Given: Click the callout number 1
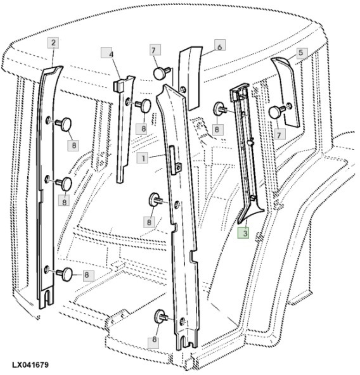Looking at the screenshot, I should tap(145, 158).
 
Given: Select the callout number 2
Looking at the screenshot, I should tap(53, 42).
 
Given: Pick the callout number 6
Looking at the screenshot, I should tap(219, 46).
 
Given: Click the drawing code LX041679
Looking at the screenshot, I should tap(29, 365).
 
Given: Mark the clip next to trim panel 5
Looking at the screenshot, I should tap(276, 111).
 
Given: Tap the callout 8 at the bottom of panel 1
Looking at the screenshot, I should tap(154, 340).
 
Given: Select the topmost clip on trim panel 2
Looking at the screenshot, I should tap(64, 122).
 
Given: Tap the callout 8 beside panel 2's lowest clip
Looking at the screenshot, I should tap(88, 275).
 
